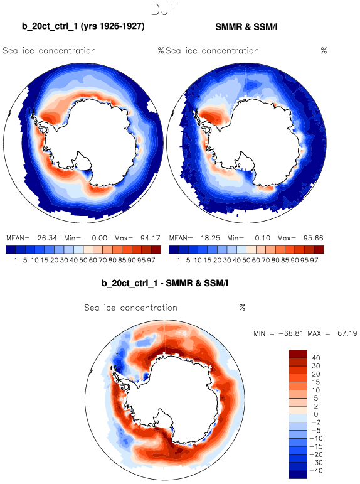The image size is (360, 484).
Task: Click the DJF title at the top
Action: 165,9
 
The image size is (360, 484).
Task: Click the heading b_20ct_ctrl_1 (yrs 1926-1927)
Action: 83,26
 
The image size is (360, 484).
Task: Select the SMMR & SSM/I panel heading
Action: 246,27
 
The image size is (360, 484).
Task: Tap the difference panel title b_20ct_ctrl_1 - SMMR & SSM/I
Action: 165,282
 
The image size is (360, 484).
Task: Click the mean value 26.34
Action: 47,238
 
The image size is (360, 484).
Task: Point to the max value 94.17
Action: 151,238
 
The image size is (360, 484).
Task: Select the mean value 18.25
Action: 210,238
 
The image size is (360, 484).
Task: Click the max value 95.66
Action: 314,238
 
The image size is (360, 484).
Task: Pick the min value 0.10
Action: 262,238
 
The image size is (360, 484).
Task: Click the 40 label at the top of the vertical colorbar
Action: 316,358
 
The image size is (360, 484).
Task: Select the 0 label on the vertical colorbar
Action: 316,414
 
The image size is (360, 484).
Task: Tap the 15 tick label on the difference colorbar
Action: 316,382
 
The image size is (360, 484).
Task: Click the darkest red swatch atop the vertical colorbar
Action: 298,353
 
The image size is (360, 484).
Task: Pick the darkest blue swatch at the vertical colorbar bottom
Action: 298,475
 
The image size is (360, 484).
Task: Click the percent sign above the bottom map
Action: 242,308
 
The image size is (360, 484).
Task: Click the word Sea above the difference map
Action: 92,308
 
